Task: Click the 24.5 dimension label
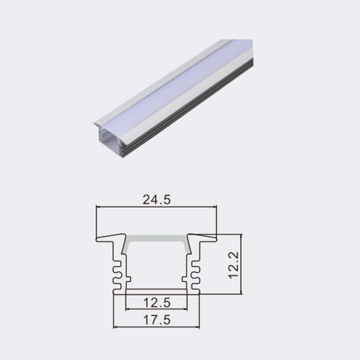pos(156,200)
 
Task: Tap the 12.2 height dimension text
pos(233,264)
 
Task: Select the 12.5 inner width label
pos(156,303)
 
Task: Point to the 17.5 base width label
pos(156,320)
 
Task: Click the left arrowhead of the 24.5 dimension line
pos(98,207)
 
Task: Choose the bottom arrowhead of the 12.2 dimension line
pos(240,292)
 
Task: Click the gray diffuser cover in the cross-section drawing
pos(156,239)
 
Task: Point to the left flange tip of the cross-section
pos(98,239)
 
